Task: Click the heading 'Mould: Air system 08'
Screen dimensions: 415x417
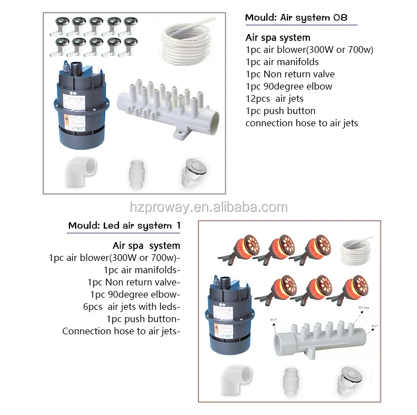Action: click(x=296, y=18)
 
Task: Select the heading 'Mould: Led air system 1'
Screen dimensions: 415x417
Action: click(x=124, y=226)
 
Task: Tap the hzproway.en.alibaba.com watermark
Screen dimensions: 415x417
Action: click(x=209, y=207)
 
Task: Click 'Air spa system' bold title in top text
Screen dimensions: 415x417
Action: click(x=278, y=38)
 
